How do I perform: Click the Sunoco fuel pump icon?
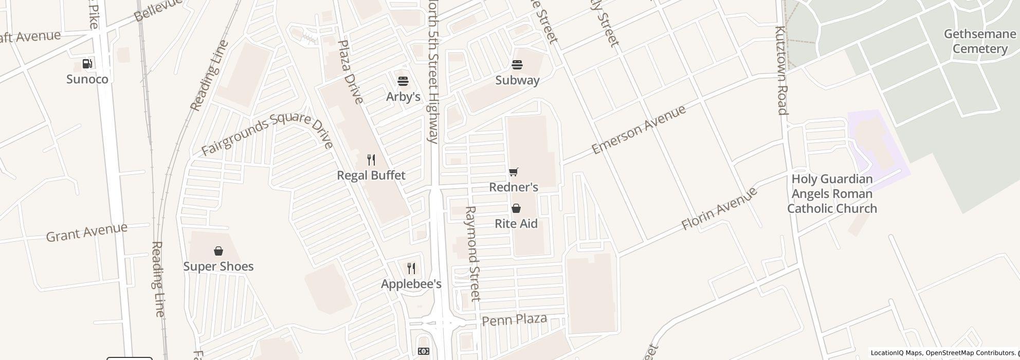coord(87,64)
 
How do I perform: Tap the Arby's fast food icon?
coord(403,81)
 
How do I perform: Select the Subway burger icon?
coord(517,65)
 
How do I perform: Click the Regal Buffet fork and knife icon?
coord(371,160)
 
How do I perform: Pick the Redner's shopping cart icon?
coord(513,172)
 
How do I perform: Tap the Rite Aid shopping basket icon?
coord(516,208)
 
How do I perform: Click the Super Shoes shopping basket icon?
coord(218,251)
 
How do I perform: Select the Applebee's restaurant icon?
coord(411,268)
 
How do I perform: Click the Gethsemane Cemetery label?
coord(979,42)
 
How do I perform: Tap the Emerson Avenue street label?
coord(639,130)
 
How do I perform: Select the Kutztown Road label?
coord(781,70)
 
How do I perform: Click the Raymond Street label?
coord(472,254)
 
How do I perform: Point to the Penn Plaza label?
coord(514,320)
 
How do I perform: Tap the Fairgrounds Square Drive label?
coord(267,132)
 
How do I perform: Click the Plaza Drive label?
coord(351,71)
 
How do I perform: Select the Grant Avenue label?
coord(87,232)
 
